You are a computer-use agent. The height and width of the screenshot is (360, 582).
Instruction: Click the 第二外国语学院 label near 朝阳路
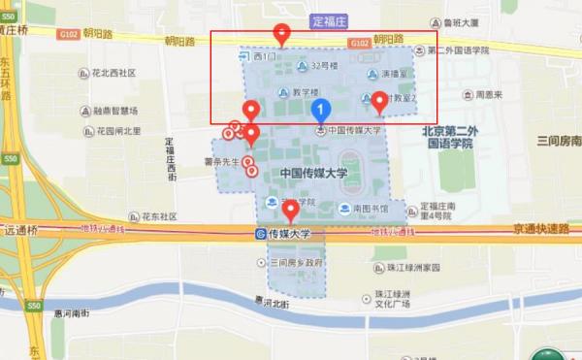point(456,50)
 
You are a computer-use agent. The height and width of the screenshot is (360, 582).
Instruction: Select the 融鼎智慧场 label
point(121,112)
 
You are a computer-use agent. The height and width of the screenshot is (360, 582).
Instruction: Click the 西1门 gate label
point(263,57)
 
